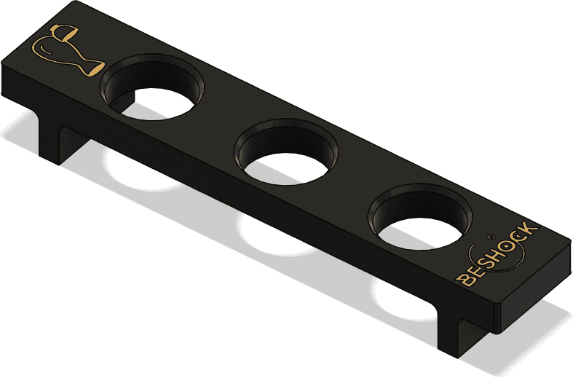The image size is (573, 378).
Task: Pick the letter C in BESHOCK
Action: pyautogui.click(x=521, y=236)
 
